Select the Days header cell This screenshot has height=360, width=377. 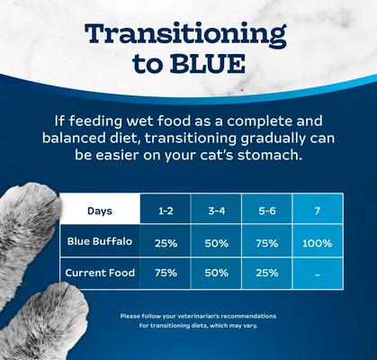click(100, 211)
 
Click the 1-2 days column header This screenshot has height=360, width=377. click(166, 211)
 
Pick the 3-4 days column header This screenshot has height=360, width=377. click(217, 211)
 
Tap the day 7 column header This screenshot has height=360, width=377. click(318, 211)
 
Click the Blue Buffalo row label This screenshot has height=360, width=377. click(100, 241)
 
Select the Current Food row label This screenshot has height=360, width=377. click(100, 272)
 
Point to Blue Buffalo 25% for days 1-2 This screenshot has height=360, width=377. click(166, 243)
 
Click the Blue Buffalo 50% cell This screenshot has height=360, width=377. click(217, 243)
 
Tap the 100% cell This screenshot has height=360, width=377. click(318, 243)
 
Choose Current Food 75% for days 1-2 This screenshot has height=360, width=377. click(166, 273)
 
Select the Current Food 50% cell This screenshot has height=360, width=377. click(217, 273)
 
